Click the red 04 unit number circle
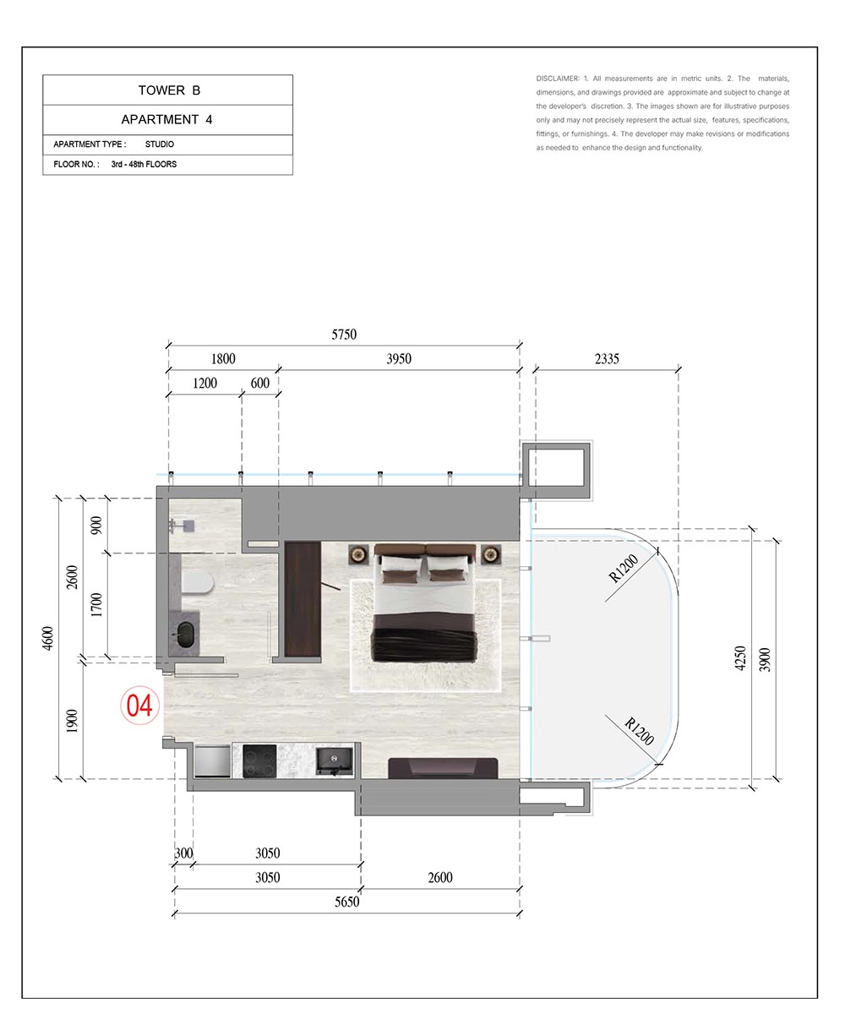click(x=139, y=705)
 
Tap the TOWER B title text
click(x=169, y=90)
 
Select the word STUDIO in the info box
click(x=160, y=144)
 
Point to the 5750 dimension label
click(x=344, y=335)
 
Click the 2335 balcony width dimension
click(x=607, y=359)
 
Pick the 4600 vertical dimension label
click(x=48, y=638)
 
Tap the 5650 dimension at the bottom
click(x=346, y=902)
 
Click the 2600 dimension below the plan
click(x=440, y=878)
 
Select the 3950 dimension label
click(x=399, y=359)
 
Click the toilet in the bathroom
click(x=197, y=583)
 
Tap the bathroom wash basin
click(x=185, y=635)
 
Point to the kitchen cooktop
click(x=259, y=760)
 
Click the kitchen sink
click(x=334, y=760)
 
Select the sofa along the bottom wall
click(x=443, y=768)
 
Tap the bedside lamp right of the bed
click(x=491, y=553)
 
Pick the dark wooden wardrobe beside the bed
click(x=303, y=600)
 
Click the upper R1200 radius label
click(x=623, y=568)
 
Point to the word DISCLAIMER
click(x=558, y=79)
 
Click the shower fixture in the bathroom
click(x=183, y=525)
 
